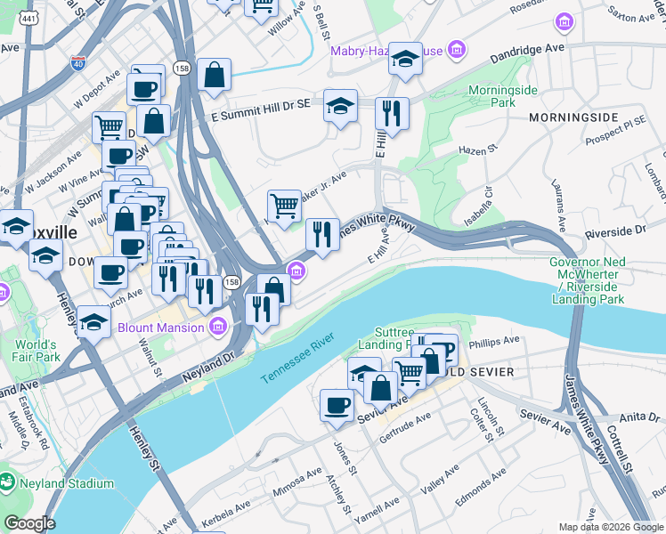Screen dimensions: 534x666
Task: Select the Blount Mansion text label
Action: tap(161, 328)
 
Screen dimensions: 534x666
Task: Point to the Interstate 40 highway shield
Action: tap(77, 62)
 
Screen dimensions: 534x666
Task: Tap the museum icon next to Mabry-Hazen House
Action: tap(458, 49)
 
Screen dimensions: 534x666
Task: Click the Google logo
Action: tap(28, 523)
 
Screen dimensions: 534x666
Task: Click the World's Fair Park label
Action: tap(36, 351)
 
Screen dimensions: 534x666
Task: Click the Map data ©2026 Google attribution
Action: tap(610, 527)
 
